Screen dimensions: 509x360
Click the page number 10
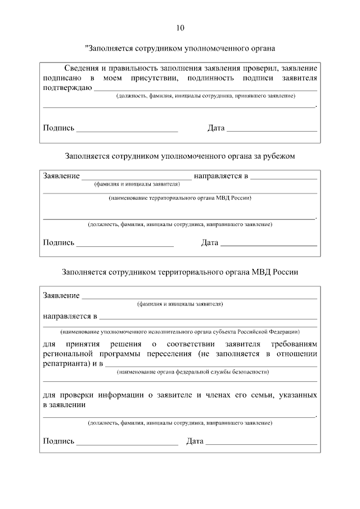pos(179,28)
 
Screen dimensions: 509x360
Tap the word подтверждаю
pos(67,88)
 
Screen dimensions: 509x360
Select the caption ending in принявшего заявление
pos(206,96)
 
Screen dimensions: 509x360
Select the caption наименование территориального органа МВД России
pos(179,198)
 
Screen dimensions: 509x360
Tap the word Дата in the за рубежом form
pos(209,243)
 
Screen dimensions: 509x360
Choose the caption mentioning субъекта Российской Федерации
pos(179,331)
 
